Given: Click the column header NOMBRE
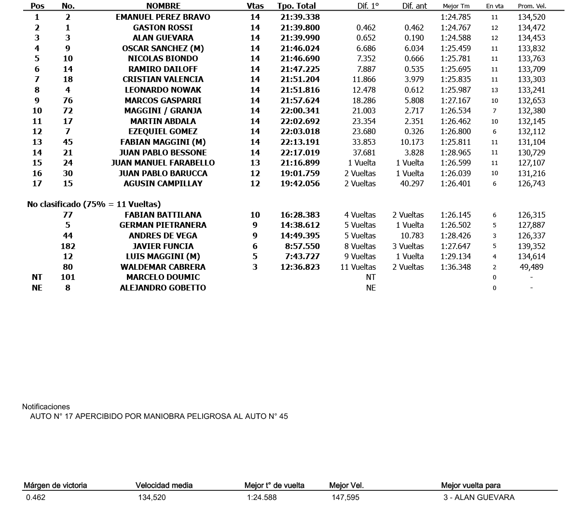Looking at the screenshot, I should [x=163, y=6].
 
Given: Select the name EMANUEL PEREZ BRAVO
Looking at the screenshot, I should [x=163, y=17].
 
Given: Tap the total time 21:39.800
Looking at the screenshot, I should [x=300, y=28].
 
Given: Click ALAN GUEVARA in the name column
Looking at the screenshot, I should [x=163, y=38].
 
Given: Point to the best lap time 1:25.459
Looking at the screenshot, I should [x=455, y=48].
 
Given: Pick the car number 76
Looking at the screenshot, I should [x=68, y=100].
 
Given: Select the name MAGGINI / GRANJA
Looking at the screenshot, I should [x=163, y=111].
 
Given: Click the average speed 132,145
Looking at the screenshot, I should [x=531, y=121].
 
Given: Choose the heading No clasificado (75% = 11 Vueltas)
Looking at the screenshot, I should [x=94, y=204].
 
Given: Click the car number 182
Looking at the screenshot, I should [x=68, y=246].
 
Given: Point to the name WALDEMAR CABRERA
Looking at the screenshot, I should [x=163, y=267].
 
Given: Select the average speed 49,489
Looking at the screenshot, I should [x=531, y=267].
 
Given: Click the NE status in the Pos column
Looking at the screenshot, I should [x=37, y=288].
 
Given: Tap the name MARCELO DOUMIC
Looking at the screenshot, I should [x=163, y=277].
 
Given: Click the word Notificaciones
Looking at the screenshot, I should [x=46, y=407].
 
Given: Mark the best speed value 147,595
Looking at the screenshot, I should [x=345, y=498].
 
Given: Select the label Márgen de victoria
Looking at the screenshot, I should [x=55, y=485].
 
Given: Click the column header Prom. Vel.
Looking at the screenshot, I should [x=531, y=6].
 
